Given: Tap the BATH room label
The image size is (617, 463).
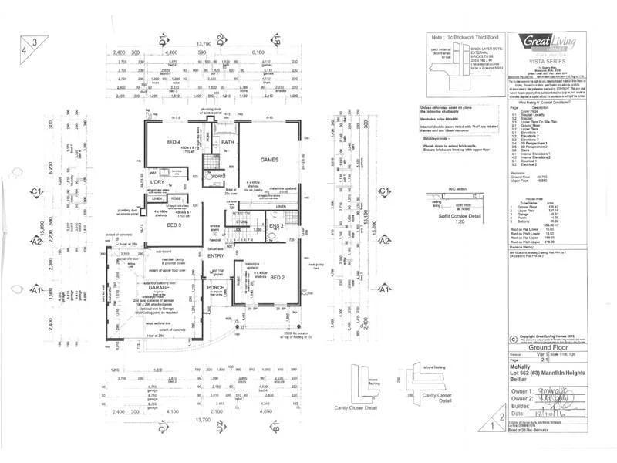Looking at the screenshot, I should (227, 143).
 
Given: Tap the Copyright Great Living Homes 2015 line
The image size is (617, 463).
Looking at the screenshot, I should (550, 336).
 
